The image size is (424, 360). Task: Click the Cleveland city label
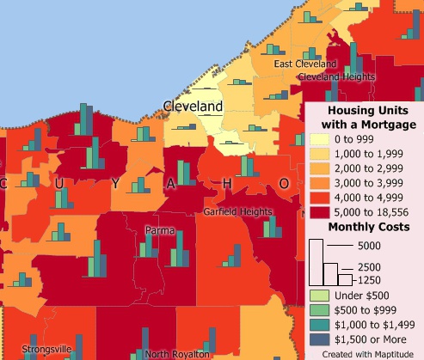tap(193, 107)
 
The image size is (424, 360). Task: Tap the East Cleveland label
tap(304, 64)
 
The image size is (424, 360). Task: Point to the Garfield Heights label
tap(237, 211)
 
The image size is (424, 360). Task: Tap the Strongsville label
tap(30, 351)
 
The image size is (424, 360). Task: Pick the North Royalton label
tap(176, 353)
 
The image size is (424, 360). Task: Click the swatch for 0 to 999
tap(319, 139)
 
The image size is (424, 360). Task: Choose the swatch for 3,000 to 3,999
tap(319, 183)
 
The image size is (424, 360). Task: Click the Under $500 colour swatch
tap(319, 296)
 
